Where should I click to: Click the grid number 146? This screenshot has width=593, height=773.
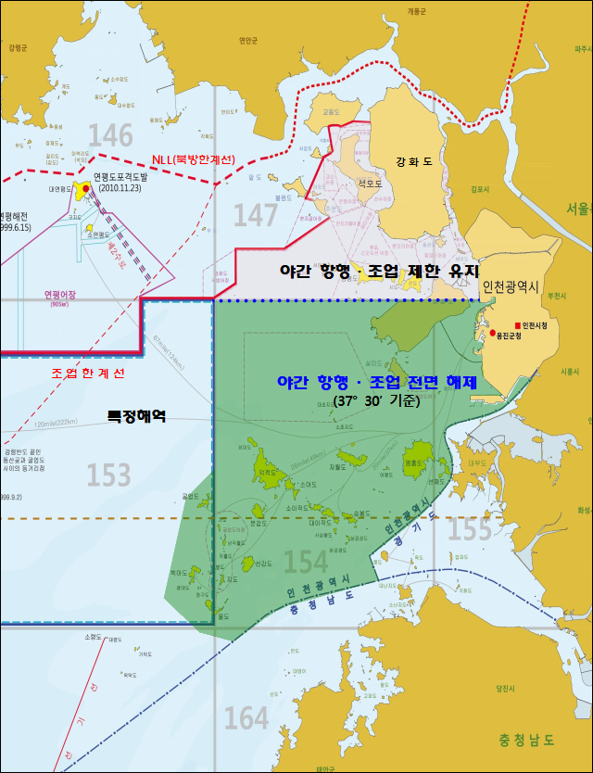[x=111, y=136]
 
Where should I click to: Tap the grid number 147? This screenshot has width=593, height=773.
[x=256, y=215]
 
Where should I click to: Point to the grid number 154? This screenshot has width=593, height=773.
[x=306, y=562]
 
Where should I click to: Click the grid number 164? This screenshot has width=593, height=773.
[x=246, y=717]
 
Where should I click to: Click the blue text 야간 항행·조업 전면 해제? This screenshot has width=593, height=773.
[x=377, y=382]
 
